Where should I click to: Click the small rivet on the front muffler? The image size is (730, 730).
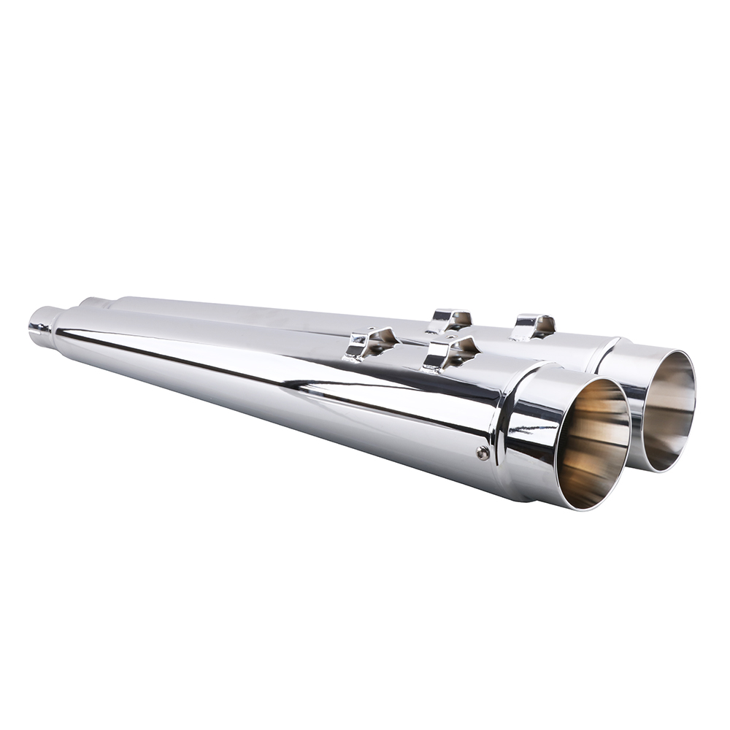(x=483, y=453)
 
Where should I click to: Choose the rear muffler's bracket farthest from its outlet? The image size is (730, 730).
(x=450, y=320)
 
